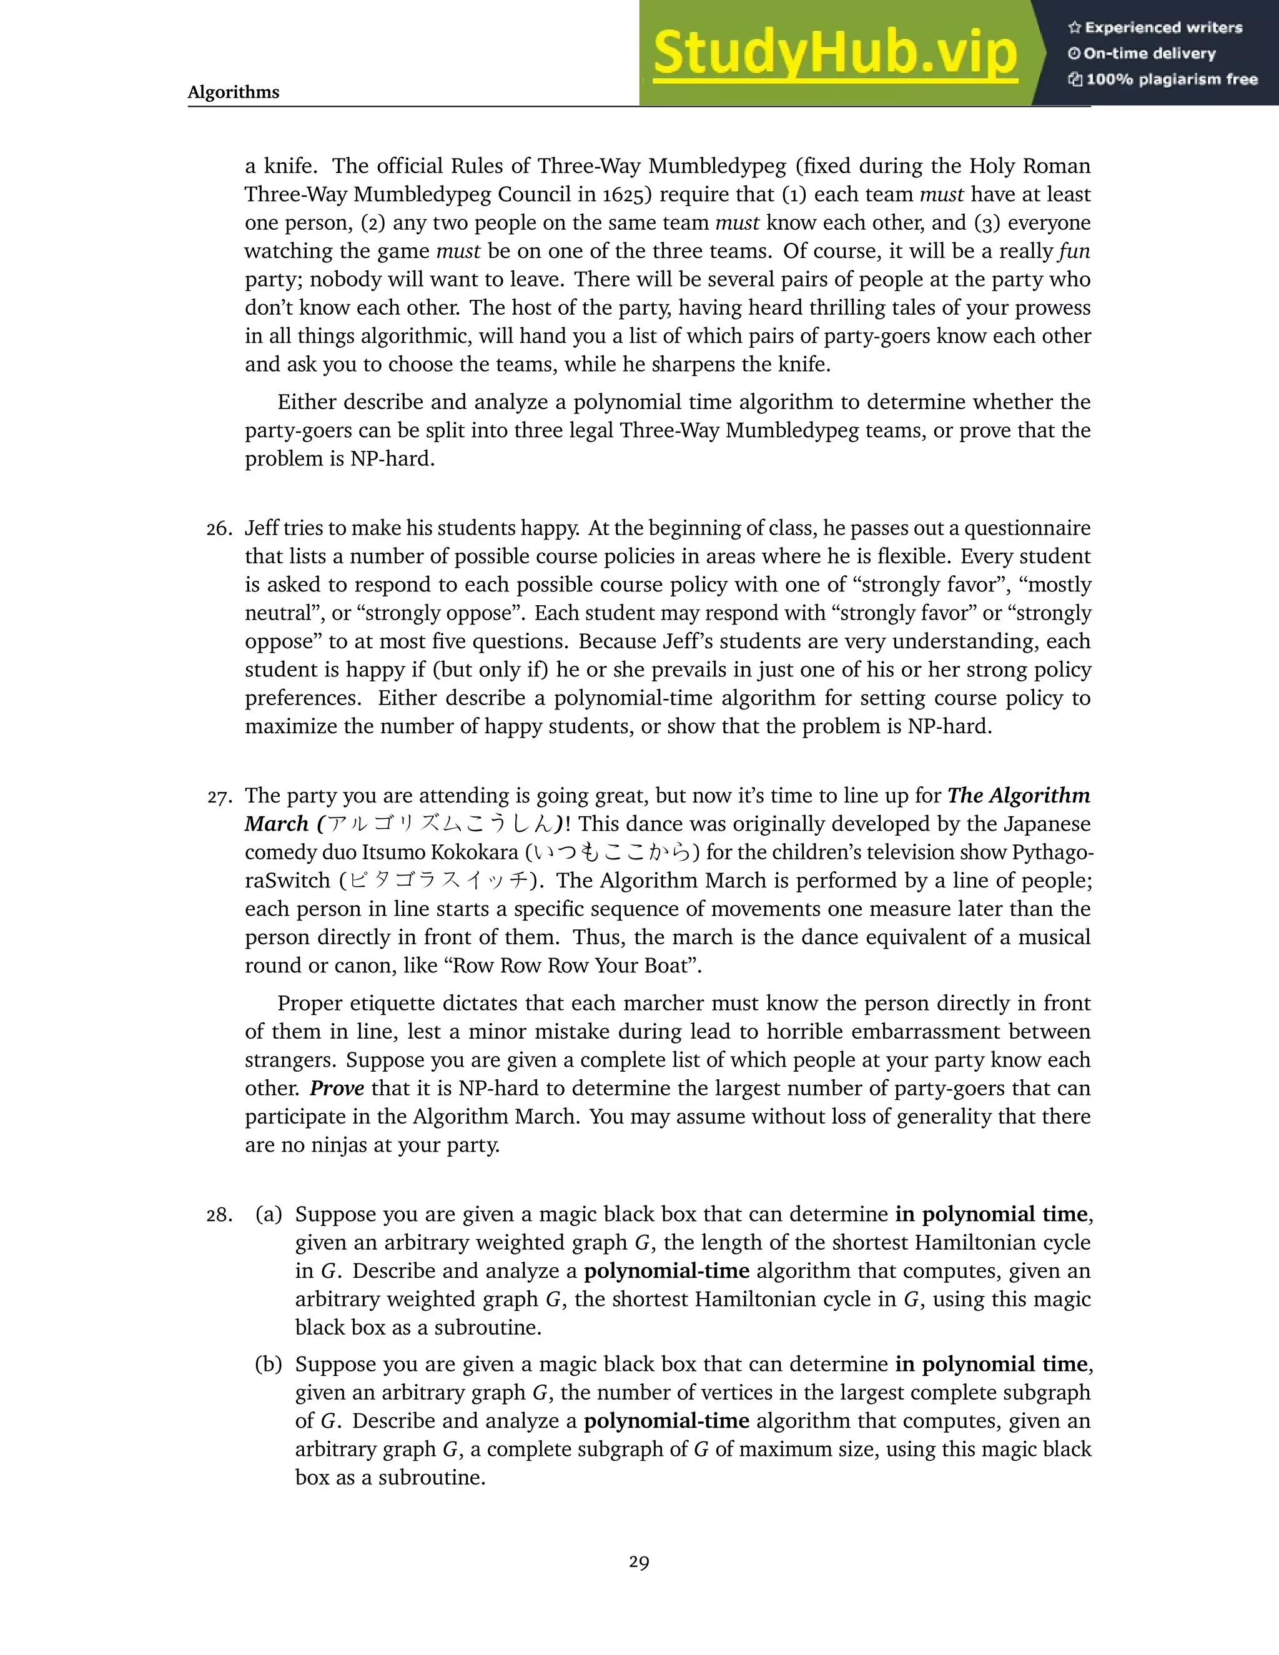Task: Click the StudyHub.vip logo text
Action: point(834,53)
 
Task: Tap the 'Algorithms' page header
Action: point(234,92)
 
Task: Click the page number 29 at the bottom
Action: point(639,1562)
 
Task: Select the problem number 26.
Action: point(219,529)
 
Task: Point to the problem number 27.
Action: point(219,796)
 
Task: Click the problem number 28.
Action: point(219,1215)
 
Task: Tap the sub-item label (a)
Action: point(268,1215)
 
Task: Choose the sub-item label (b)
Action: point(268,1365)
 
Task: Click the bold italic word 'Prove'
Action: point(337,1088)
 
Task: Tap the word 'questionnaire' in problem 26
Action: point(1027,528)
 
